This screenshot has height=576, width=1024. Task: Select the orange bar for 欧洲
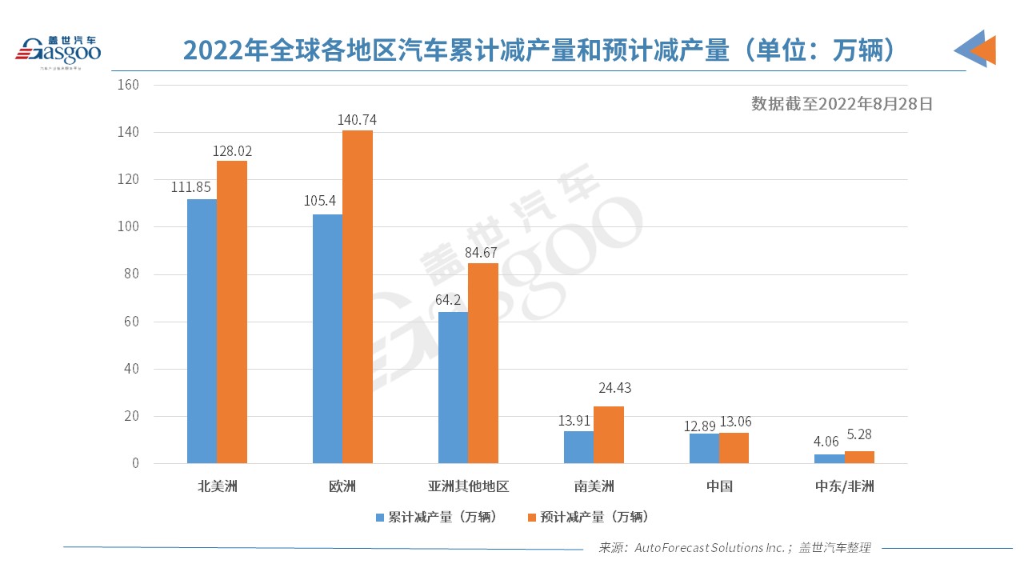click(x=358, y=296)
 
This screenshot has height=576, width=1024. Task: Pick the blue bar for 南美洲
click(x=578, y=447)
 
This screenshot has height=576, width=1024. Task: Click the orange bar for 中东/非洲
click(x=859, y=458)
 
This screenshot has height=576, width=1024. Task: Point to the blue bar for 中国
click(x=704, y=448)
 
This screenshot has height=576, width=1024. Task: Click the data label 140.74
click(x=358, y=120)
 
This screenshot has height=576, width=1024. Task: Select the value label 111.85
click(x=190, y=187)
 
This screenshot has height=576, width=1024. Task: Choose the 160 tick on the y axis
click(x=128, y=85)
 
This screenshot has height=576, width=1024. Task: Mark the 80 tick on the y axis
click(x=131, y=274)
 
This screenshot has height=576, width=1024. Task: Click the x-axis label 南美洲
click(x=594, y=486)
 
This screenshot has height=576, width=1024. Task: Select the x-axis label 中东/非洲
click(x=844, y=486)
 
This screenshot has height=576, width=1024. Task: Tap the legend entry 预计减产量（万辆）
click(x=588, y=517)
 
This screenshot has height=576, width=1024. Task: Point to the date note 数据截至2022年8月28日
click(x=842, y=103)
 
